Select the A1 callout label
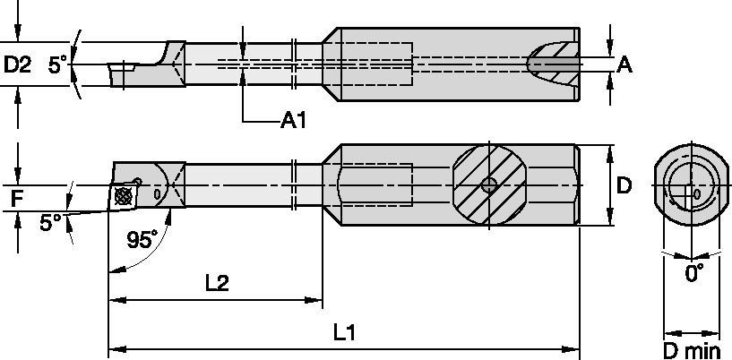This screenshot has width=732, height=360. point(293,119)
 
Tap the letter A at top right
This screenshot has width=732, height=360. point(625,64)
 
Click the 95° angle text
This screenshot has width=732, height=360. point(140,239)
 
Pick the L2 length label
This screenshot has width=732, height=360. point(215,284)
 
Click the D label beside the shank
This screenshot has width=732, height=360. point(624,185)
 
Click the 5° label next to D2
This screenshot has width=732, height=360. point(57,64)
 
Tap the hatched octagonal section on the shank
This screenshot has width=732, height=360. point(487,185)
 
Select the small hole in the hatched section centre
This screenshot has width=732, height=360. point(487,185)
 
